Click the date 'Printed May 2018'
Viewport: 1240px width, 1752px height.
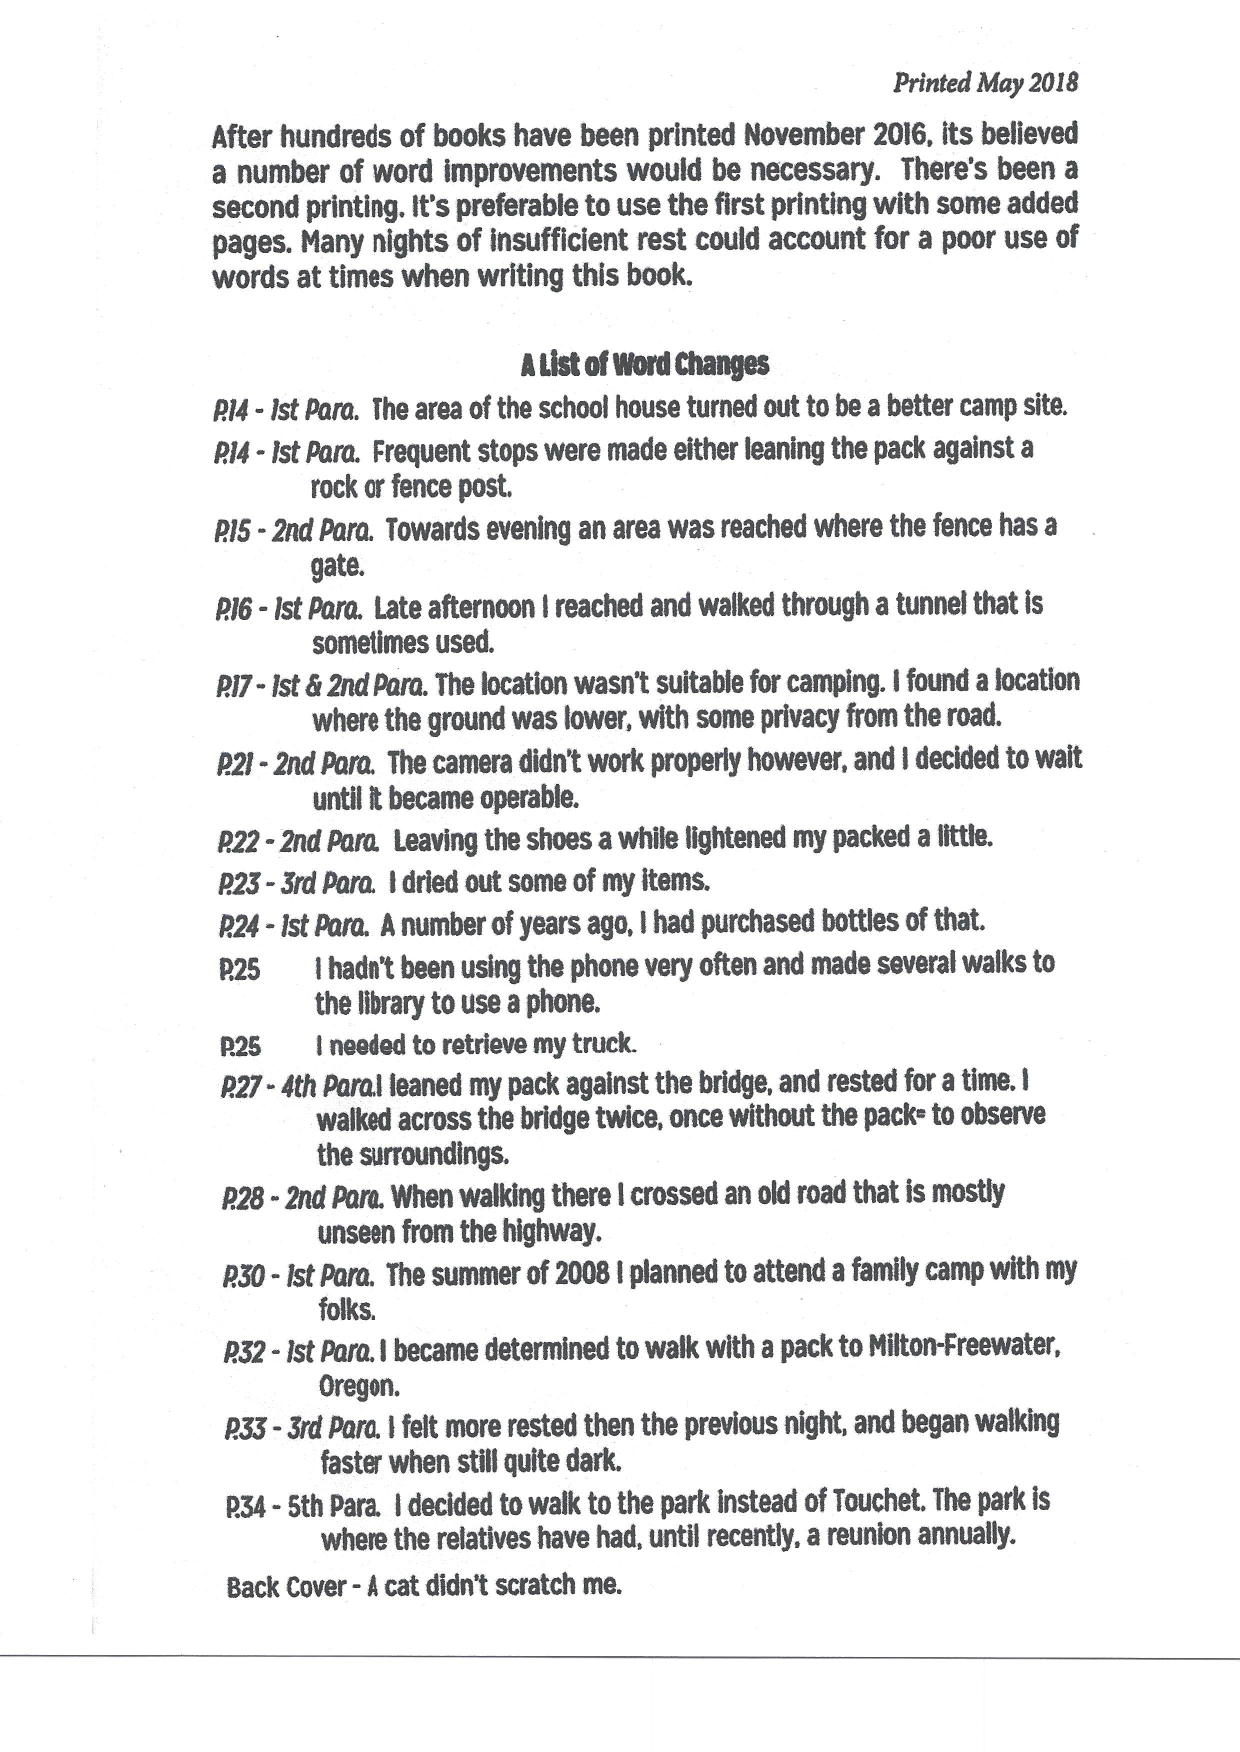click(x=985, y=82)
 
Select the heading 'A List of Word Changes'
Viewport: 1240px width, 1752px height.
click(x=644, y=365)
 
